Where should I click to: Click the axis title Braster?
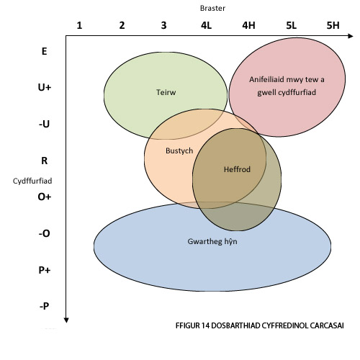click(212, 8)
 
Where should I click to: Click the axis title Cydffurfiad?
click(32, 181)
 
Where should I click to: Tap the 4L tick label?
click(206, 25)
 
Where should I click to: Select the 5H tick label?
click(333, 25)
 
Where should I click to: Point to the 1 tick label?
click(79, 25)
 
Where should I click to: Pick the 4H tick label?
click(248, 25)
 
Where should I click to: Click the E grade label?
click(44, 51)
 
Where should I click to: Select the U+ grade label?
click(45, 87)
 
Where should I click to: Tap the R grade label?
click(45, 161)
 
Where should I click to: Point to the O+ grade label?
click(45, 197)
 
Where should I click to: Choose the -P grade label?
click(45, 306)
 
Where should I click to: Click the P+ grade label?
click(45, 270)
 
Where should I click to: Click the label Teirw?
click(166, 92)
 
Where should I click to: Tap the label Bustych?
click(179, 151)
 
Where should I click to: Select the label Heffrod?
click(237, 170)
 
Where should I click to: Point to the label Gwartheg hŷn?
click(212, 241)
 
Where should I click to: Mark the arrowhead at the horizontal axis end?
click(351, 36)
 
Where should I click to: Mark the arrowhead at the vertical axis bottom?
click(66, 320)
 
